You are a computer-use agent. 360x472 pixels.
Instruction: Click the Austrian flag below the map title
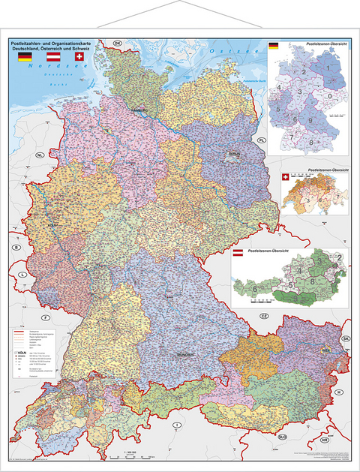click(x=53, y=57)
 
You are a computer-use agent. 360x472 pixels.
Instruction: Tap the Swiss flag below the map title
click(x=80, y=57)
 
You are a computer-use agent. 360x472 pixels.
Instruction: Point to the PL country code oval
click(x=262, y=140)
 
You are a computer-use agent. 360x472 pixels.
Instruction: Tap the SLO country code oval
click(x=282, y=436)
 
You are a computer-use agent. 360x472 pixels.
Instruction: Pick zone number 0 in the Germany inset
click(x=330, y=96)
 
